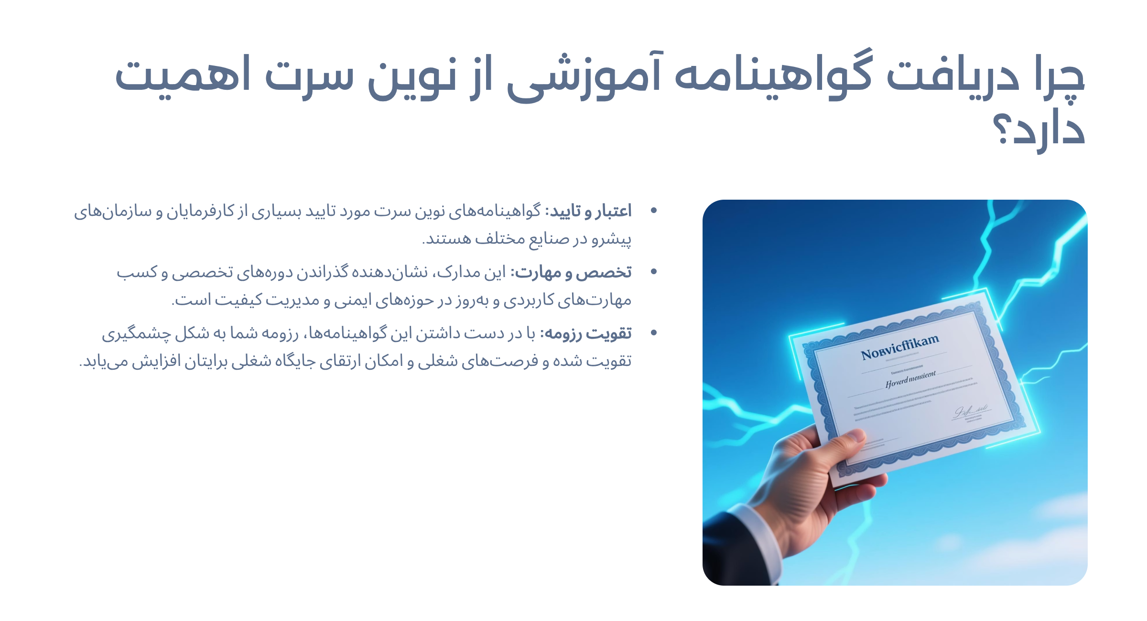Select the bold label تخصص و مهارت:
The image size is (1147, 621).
(572, 272)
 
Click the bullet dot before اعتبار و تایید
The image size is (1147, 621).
(654, 210)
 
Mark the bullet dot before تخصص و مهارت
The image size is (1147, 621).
(654, 271)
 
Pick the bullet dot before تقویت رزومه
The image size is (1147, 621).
(654, 332)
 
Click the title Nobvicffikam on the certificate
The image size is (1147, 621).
(899, 347)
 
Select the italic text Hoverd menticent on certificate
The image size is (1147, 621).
(910, 380)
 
